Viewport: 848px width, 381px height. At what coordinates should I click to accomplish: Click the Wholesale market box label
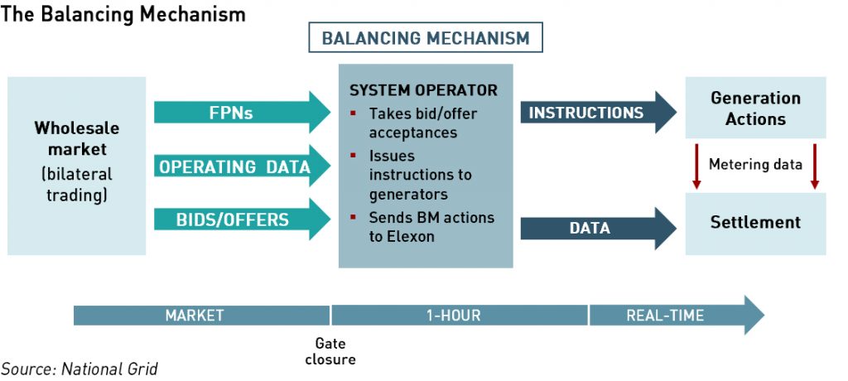click(77, 138)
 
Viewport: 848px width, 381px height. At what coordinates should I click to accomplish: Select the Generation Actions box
click(755, 108)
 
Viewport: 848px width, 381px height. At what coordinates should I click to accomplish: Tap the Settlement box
click(755, 222)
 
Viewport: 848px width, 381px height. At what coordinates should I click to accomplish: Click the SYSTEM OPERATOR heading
click(423, 90)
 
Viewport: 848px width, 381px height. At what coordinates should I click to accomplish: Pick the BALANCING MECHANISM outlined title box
click(425, 38)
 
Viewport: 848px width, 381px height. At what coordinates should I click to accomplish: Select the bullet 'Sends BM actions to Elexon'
click(431, 226)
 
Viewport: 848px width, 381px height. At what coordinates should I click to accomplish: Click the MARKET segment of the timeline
click(195, 316)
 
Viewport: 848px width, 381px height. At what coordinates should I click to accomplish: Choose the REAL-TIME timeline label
click(665, 316)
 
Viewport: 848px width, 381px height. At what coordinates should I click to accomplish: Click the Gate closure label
click(330, 351)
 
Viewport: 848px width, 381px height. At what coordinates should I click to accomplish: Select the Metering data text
click(755, 165)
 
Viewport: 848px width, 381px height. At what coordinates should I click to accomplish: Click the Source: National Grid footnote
click(79, 369)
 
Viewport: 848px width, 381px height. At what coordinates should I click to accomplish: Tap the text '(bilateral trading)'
click(77, 185)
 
